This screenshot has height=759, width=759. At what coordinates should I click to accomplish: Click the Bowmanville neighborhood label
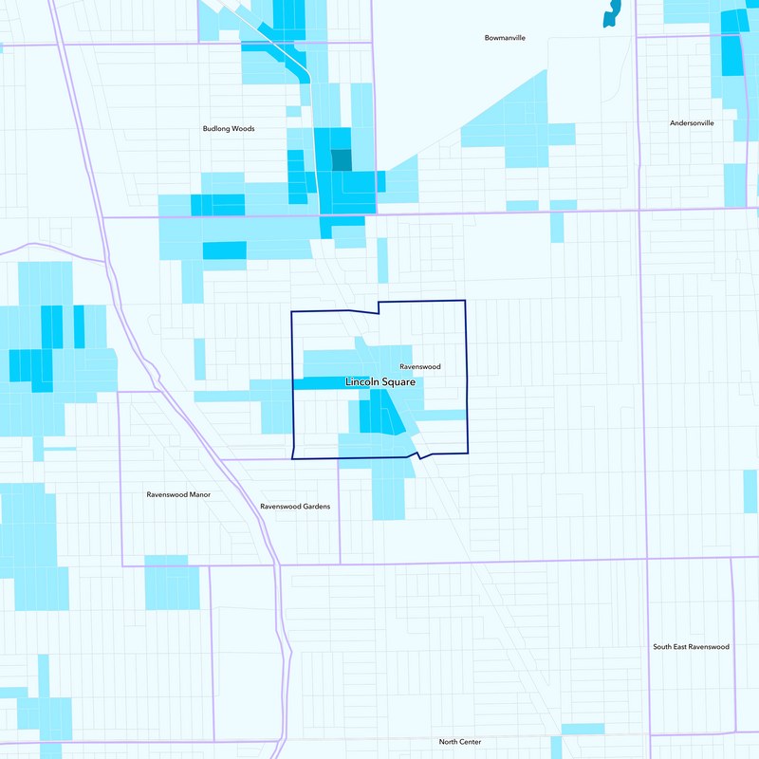[x=505, y=38]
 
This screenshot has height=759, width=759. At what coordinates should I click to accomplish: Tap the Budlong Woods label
[x=229, y=129]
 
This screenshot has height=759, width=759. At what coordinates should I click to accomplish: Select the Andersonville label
[x=692, y=123]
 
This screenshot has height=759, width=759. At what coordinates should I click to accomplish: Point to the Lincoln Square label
[x=379, y=382]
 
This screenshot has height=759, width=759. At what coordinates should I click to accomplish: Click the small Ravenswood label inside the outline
[x=419, y=366]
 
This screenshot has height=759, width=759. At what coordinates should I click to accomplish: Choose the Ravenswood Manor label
[x=178, y=494]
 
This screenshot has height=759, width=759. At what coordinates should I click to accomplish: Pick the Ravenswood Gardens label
[x=295, y=507]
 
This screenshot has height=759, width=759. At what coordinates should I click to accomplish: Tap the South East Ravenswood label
[x=691, y=647]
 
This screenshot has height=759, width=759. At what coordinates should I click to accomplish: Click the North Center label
[x=459, y=742]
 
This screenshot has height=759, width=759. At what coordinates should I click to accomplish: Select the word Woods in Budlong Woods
[x=243, y=129]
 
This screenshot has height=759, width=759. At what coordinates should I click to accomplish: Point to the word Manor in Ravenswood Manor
[x=198, y=494]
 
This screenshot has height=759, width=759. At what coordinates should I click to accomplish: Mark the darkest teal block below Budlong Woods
[x=341, y=160]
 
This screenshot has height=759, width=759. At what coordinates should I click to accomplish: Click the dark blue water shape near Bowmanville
[x=611, y=13]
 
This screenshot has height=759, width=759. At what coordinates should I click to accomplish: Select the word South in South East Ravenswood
[x=663, y=647]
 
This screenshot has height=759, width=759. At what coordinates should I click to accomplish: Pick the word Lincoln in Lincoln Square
[x=361, y=382]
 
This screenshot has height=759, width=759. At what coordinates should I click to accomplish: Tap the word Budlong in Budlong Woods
[x=215, y=129]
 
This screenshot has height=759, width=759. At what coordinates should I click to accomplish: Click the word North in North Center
[x=448, y=742]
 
